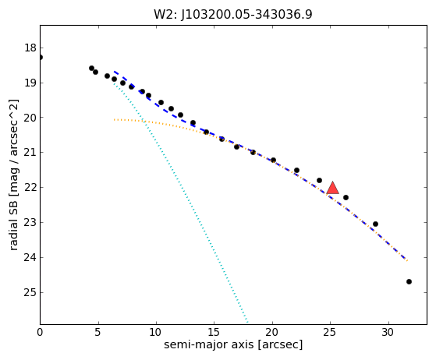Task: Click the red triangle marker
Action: coord(332,188)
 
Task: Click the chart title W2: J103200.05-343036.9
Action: coord(233,15)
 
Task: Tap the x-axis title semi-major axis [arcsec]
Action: coord(233,344)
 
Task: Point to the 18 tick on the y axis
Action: coord(30,48)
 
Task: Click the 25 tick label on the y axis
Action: coord(30,292)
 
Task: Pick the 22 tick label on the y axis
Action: coord(30,188)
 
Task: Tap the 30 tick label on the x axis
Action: coord(388,332)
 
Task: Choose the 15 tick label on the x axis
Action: coord(214,332)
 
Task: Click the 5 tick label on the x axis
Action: coord(97,332)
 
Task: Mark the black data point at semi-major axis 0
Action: coord(41,57)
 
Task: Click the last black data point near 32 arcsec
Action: coord(409,281)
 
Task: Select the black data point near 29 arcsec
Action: coord(375,224)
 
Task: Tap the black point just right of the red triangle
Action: coord(346,197)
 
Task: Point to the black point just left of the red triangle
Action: coord(319,180)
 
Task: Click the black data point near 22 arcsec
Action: coord(296,171)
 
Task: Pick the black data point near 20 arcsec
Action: coord(273,160)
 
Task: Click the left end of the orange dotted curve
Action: coord(114,120)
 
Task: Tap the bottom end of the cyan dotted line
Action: coord(247,323)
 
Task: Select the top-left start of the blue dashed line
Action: coord(115,72)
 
